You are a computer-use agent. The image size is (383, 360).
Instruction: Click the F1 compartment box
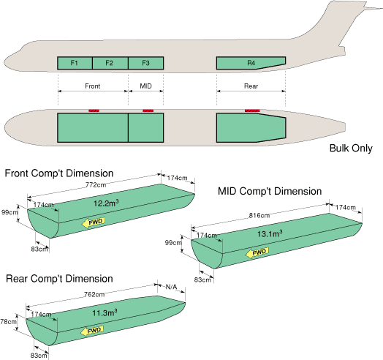[x=75, y=63]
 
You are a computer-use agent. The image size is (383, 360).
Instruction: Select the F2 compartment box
[x=110, y=63]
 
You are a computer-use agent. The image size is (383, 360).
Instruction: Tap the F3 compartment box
[x=146, y=63]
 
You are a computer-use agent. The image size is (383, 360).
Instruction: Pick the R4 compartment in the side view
[x=251, y=63]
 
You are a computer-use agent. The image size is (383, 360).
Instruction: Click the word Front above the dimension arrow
[x=92, y=86]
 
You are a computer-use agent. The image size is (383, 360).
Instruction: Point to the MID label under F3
[x=146, y=86]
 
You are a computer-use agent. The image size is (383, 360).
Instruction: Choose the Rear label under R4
[x=251, y=86]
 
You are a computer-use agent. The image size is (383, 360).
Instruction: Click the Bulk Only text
[x=351, y=149]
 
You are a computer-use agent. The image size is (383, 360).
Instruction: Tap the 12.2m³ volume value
[x=106, y=203]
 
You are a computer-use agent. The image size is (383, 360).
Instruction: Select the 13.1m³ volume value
[x=270, y=234]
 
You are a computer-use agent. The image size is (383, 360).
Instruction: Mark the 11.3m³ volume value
[x=105, y=312]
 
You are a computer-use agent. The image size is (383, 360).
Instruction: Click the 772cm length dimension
[x=96, y=185]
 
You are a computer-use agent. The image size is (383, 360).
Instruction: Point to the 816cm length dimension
[x=259, y=215]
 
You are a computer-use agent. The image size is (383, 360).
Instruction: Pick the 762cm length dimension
[x=94, y=295]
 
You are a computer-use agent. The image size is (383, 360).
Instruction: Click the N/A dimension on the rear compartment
[x=171, y=287]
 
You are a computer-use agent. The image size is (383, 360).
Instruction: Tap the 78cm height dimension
[x=8, y=322]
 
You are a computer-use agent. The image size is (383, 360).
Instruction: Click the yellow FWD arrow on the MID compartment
[x=257, y=252]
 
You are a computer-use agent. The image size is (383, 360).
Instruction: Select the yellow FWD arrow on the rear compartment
[x=92, y=331]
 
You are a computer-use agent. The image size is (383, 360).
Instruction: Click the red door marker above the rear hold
[x=252, y=110]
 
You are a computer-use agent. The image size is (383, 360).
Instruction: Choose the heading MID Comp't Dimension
[x=270, y=191]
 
